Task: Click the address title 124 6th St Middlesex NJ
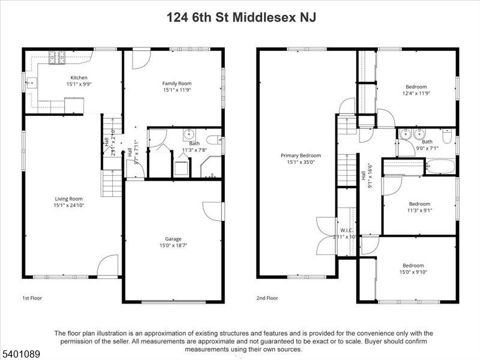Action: [x=240, y=17]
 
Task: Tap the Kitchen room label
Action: [x=79, y=77]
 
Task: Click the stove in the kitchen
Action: [x=56, y=57]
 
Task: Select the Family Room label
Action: [x=176, y=83]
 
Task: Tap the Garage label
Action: [x=173, y=239]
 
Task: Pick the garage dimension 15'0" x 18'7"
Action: [x=173, y=246]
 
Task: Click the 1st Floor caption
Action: [x=32, y=298]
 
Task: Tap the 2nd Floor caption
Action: [x=268, y=298]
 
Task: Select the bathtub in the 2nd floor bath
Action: [x=441, y=166]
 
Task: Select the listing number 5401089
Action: [x=20, y=355]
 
